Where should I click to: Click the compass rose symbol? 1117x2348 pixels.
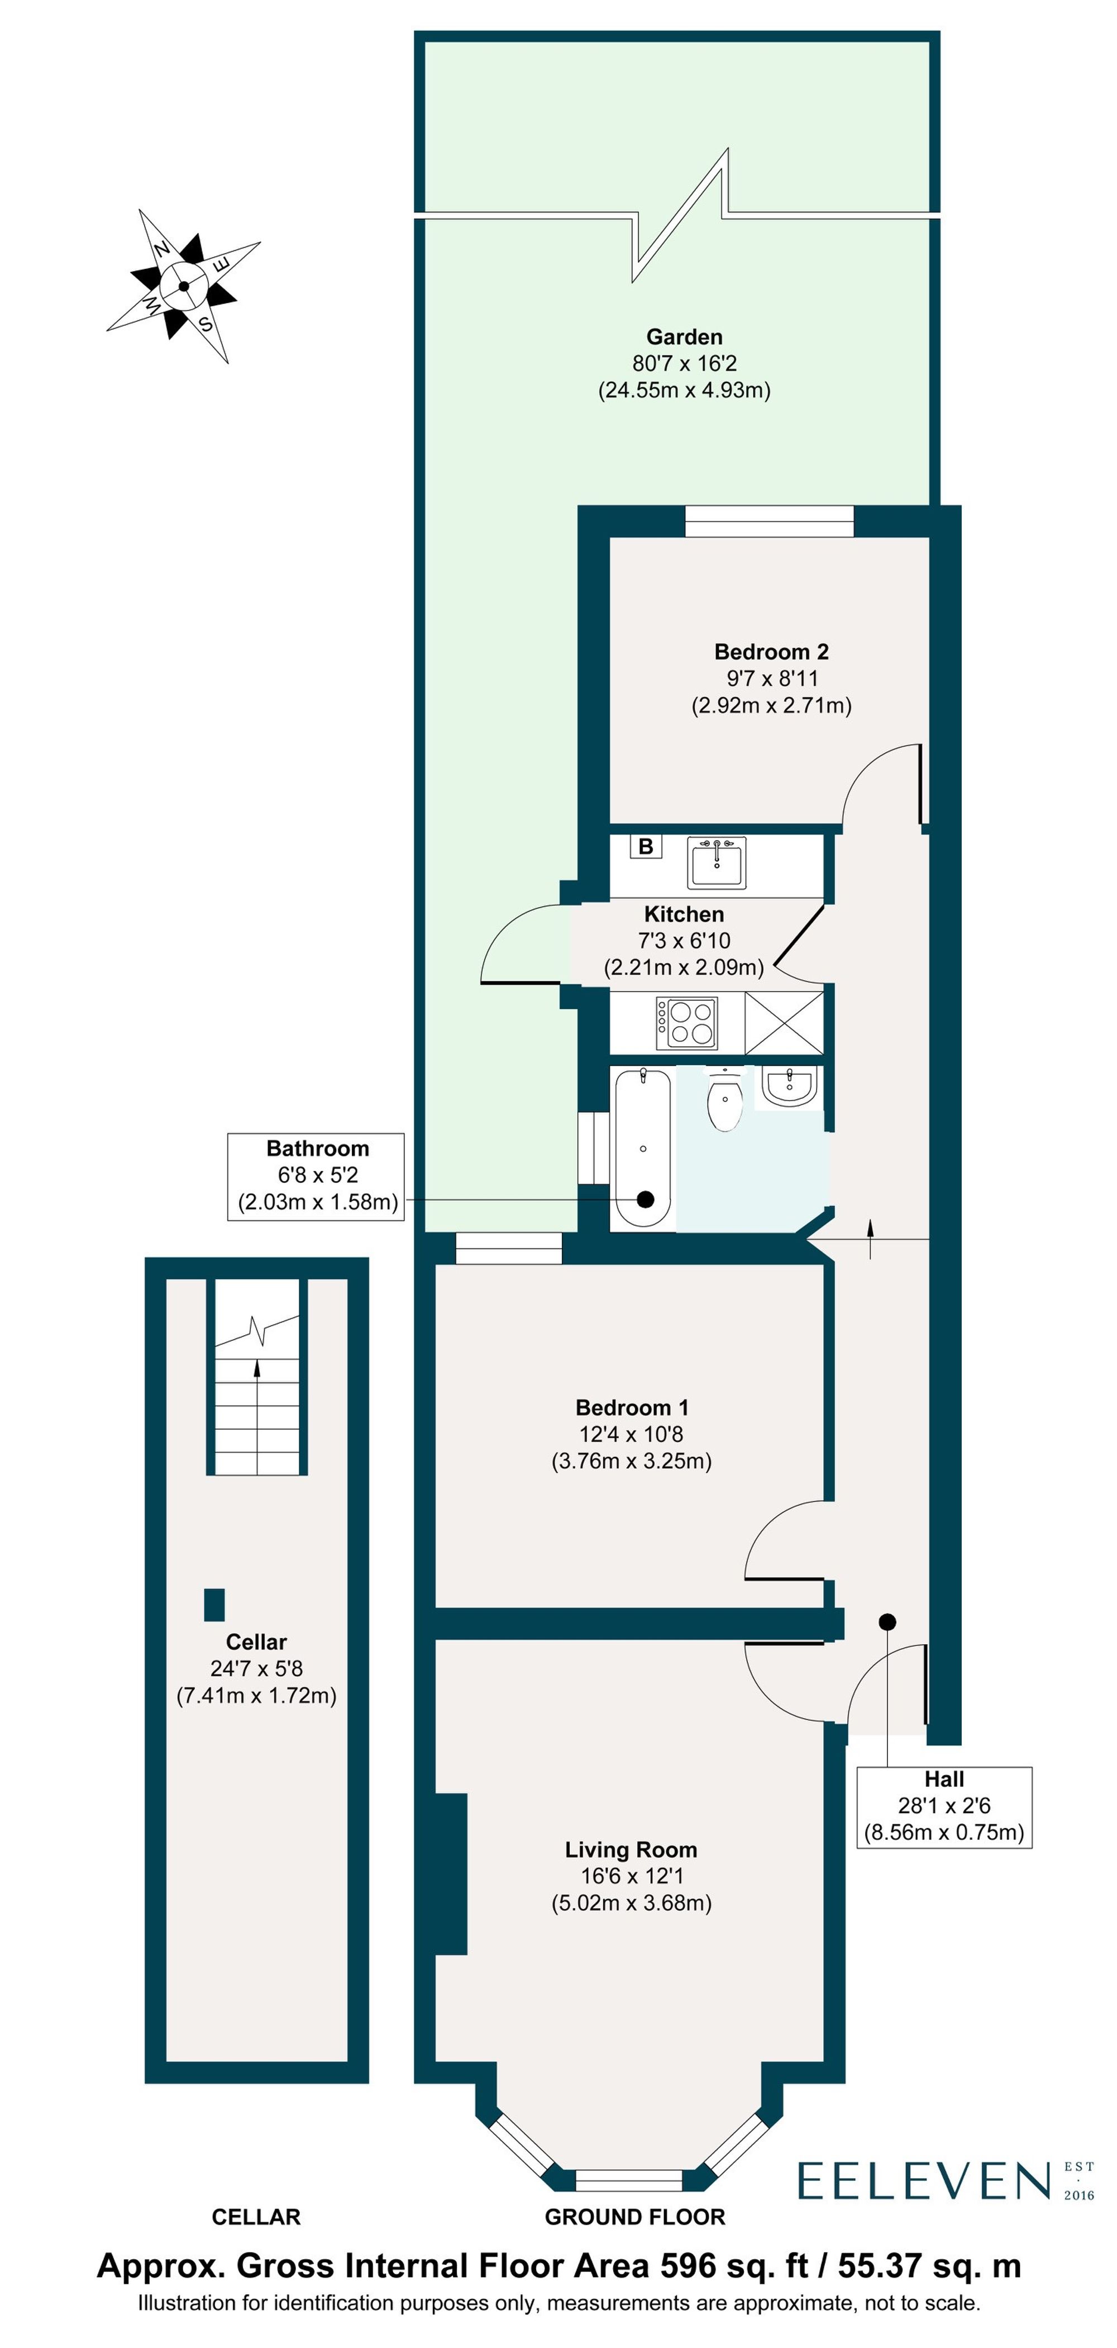point(184,286)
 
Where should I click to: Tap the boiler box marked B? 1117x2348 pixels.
point(645,846)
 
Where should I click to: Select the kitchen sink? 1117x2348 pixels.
point(718,862)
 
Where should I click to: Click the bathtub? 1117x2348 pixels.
point(643,1149)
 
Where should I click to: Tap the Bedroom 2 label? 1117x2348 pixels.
point(771,652)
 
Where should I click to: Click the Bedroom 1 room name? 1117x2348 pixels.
point(632,1407)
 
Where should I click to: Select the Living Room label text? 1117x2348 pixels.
point(631,1849)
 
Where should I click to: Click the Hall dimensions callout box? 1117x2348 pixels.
point(944,1806)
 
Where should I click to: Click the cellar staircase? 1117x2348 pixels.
point(257,1377)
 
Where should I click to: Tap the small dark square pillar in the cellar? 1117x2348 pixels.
point(214,1604)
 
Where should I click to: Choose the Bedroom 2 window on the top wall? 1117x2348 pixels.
point(769,521)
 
